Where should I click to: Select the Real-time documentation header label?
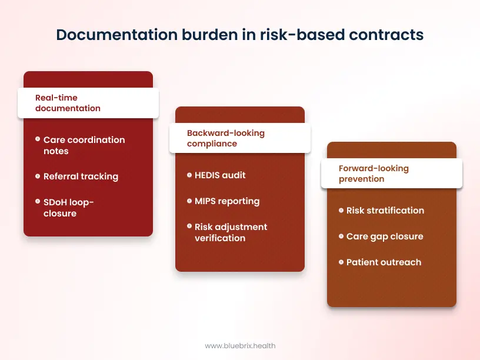tap(68, 103)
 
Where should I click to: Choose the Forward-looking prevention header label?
tap(374, 174)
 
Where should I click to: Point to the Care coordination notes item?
tap(84, 145)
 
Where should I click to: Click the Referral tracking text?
tap(81, 176)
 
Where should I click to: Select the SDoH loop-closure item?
tap(69, 208)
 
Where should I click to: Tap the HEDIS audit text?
tap(220, 175)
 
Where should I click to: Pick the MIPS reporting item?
tap(227, 201)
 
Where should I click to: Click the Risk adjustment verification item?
tap(231, 232)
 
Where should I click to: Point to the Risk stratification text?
tap(385, 211)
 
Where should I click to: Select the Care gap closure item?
tap(385, 236)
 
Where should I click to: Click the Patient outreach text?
tap(384, 262)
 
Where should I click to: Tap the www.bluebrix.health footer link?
tap(240, 346)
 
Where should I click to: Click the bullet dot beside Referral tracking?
tap(37, 176)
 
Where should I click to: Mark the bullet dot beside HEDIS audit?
tap(189, 175)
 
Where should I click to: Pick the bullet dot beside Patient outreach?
tap(341, 262)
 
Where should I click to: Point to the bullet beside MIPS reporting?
tap(189, 201)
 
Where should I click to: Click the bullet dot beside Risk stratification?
tap(341, 211)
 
